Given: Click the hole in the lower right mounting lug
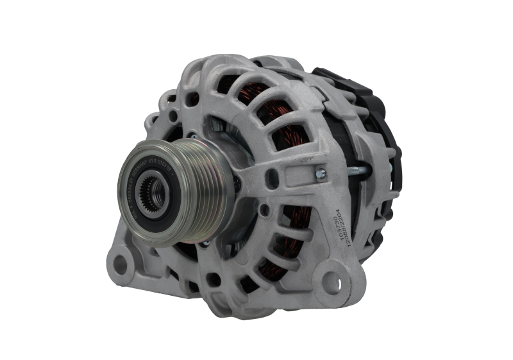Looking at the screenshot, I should pyautogui.click(x=332, y=280).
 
